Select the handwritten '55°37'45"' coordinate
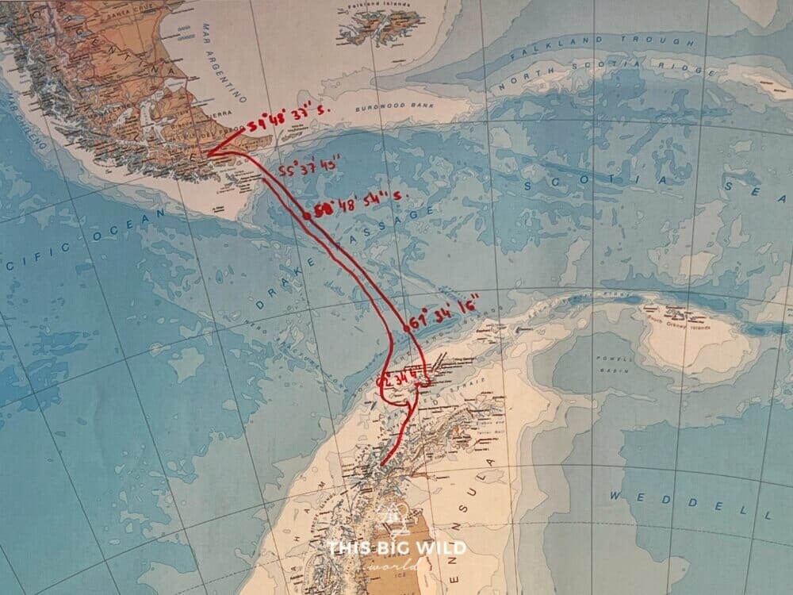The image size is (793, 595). [x=310, y=169]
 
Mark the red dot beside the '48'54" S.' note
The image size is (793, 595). [x=306, y=215]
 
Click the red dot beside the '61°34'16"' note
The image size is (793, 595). [x=405, y=327]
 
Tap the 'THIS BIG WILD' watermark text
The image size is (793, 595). [x=397, y=547]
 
